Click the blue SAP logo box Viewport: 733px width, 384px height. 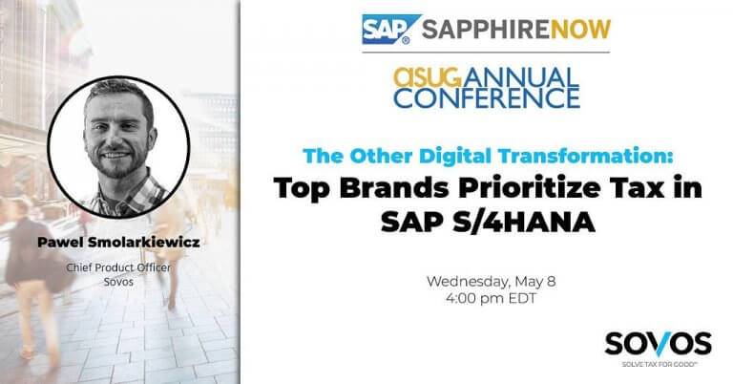click(384, 30)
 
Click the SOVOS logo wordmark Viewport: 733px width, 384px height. click(658, 343)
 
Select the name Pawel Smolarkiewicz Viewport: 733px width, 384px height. click(118, 244)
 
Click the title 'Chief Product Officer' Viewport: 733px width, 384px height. click(118, 268)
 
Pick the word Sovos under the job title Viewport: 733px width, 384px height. click(118, 284)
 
